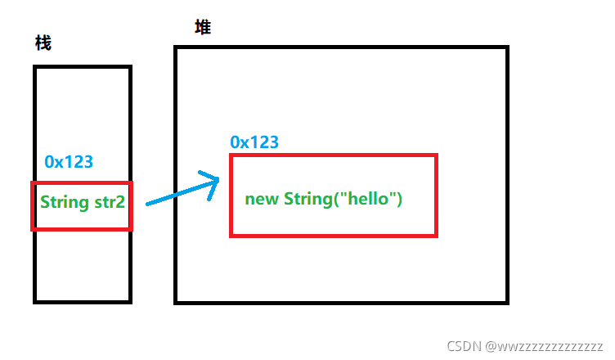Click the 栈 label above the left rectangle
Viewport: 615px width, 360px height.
click(x=43, y=43)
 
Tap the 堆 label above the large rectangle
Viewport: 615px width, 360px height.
click(x=202, y=28)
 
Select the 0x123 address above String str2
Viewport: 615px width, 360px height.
click(x=70, y=162)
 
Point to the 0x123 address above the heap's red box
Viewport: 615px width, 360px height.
click(x=254, y=142)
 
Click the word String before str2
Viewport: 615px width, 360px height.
click(x=63, y=201)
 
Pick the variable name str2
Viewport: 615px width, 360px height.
click(x=108, y=201)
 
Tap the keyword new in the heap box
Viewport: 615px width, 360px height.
click(x=262, y=199)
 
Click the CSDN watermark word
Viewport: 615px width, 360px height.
click(x=465, y=346)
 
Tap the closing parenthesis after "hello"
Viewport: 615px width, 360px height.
click(x=399, y=199)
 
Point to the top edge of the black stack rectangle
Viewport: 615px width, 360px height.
click(x=82, y=67)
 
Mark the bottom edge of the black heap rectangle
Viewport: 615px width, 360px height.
click(x=341, y=302)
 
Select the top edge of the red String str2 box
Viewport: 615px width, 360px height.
click(x=80, y=183)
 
